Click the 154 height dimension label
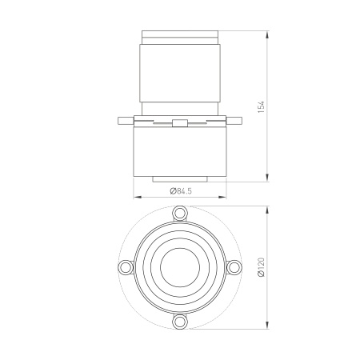[262, 106]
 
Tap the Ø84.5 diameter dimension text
[181, 191]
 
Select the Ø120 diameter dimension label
[262, 267]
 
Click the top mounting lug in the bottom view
[180, 213]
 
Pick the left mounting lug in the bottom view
[126, 267]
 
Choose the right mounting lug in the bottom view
[234, 267]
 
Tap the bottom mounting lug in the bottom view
[180, 322]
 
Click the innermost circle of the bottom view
[180, 267]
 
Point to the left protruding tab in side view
[126, 121]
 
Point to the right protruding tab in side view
[234, 121]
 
